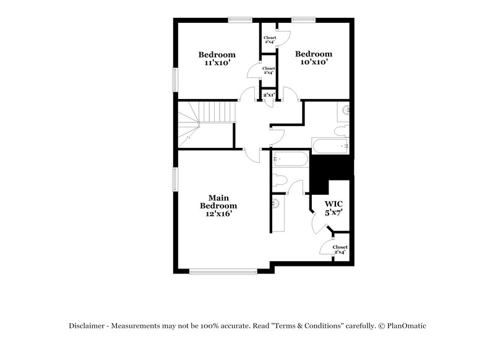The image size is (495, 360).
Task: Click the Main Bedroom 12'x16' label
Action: (218, 205)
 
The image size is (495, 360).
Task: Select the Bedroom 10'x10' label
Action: (313, 58)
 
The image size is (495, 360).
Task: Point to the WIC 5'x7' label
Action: (334, 207)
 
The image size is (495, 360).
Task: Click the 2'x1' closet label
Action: (269, 95)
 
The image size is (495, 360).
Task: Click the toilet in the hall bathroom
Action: (341, 131)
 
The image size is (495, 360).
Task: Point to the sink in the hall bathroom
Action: (345, 112)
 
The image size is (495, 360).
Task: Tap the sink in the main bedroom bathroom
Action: (276, 203)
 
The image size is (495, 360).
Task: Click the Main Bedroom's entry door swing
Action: (252, 155)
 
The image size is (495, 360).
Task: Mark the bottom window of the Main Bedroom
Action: (223, 271)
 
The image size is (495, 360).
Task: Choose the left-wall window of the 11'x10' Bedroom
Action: (175, 80)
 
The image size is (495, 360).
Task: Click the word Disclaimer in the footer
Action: (88, 326)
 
